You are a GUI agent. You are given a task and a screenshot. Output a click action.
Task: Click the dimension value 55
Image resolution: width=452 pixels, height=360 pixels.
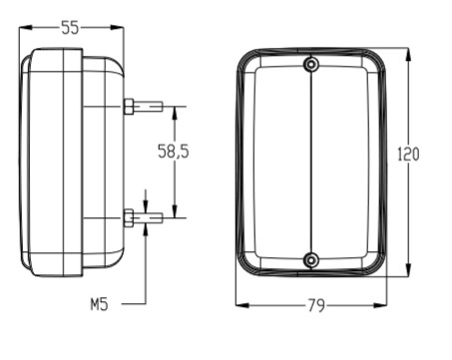pos(71,28)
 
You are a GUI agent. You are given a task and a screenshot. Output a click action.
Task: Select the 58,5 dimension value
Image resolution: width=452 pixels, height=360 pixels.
pos(173,153)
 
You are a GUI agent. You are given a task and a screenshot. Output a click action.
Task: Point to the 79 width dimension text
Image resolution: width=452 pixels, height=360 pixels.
pos(315,307)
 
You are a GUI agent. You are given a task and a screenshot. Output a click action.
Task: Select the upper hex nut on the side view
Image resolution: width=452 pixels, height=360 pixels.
pos(129,106)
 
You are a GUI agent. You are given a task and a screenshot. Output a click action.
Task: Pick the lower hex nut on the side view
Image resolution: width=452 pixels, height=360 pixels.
pos(129,216)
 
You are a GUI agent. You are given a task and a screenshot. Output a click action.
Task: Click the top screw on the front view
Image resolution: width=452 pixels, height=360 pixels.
pos(312,66)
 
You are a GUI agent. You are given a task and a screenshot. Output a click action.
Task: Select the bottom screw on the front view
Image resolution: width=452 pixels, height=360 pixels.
pos(312,260)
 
